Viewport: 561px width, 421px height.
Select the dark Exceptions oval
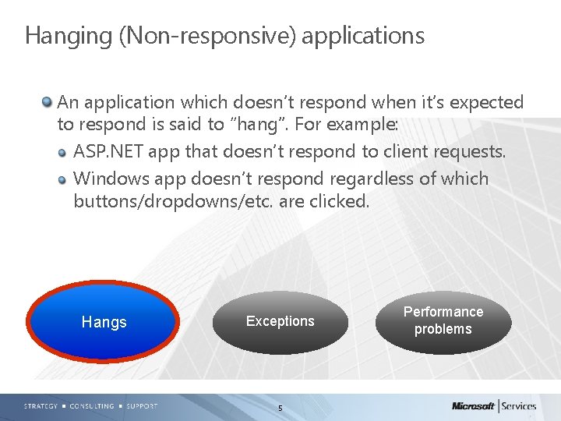[x=280, y=321]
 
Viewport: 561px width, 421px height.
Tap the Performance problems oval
[x=443, y=320]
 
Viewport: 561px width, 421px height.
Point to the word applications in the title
[x=363, y=36]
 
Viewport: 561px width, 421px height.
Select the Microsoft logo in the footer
[x=473, y=406]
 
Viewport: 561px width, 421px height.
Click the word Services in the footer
[x=518, y=406]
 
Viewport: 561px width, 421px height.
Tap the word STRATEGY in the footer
[x=40, y=406]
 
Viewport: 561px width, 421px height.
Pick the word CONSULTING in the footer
[x=91, y=406]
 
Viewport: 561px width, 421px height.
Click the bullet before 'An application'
[x=48, y=102]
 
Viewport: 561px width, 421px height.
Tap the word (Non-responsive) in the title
[x=206, y=36]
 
